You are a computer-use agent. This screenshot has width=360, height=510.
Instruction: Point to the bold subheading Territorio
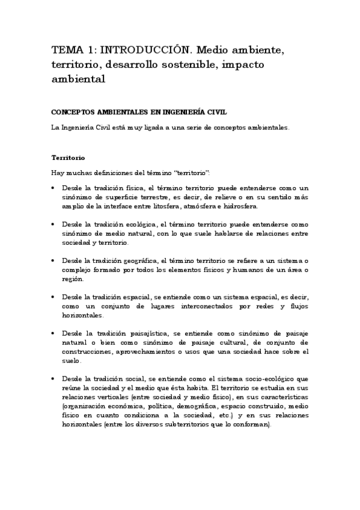68,158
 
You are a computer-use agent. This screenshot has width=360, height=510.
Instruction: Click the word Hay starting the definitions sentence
58,173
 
